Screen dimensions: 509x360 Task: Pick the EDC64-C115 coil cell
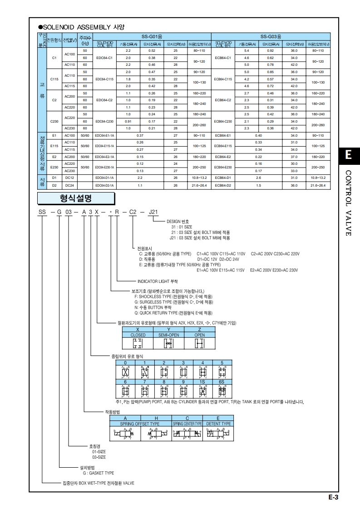104,79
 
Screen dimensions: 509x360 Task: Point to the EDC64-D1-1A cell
104,178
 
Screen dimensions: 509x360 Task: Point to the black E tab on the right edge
348,155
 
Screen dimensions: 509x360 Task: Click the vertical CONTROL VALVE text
349,203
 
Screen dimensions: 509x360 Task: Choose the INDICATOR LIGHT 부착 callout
161,281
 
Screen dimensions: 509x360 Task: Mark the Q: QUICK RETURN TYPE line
173,313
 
